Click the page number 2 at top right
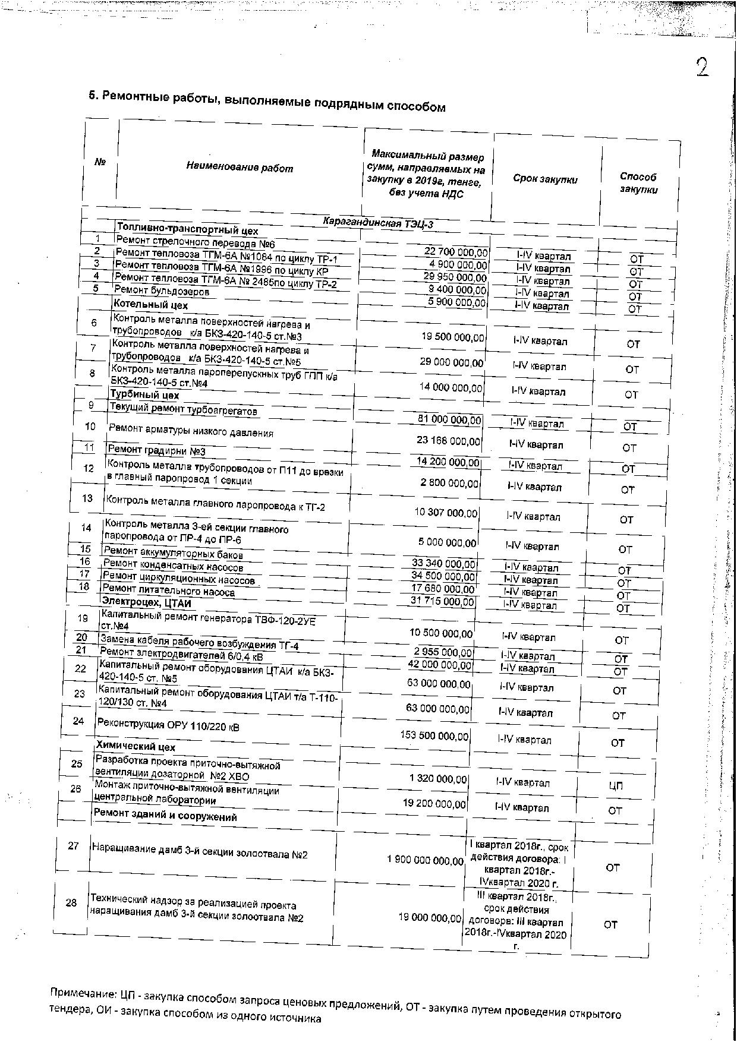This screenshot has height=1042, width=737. [702, 68]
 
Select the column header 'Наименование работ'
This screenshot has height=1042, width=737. [240, 168]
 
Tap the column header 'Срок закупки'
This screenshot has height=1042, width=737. [545, 179]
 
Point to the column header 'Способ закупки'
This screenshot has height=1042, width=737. [638, 183]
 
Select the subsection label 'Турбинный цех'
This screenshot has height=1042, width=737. [144, 395]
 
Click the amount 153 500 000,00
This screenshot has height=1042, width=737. [434, 735]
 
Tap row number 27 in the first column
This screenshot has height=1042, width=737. [73, 846]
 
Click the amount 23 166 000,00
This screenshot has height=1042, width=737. [449, 441]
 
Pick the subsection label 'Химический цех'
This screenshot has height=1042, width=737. [136, 747]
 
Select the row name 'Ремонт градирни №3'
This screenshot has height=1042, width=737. [156, 451]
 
